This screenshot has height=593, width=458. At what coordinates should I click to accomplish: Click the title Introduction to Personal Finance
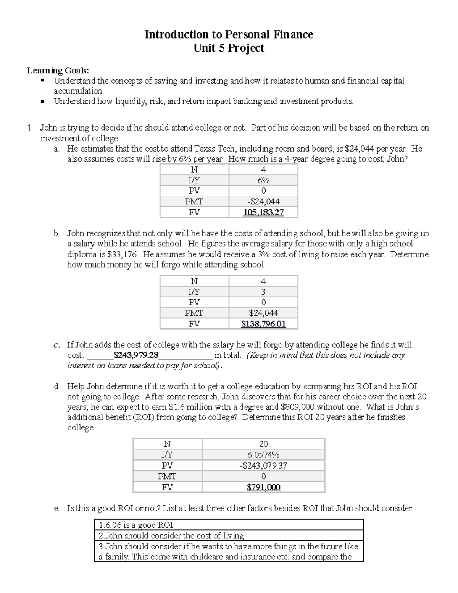click(x=229, y=35)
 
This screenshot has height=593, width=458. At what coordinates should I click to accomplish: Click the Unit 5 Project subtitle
click(x=229, y=48)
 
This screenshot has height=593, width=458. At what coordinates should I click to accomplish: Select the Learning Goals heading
click(x=58, y=70)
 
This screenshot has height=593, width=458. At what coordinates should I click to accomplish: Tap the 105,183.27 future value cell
click(x=263, y=212)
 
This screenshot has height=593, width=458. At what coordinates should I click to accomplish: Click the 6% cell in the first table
click(x=263, y=180)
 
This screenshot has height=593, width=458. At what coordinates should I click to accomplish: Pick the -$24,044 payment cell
click(x=263, y=202)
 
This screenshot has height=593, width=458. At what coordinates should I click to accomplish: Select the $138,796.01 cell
click(x=263, y=324)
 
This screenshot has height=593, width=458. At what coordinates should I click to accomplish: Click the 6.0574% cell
click(x=263, y=455)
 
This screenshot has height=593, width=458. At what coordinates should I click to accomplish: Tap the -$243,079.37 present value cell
click(x=263, y=465)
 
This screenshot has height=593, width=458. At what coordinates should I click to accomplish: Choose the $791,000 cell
click(x=263, y=487)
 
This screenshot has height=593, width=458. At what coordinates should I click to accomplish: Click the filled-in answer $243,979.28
click(x=136, y=355)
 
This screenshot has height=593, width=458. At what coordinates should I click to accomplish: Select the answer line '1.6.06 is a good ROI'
click(x=136, y=525)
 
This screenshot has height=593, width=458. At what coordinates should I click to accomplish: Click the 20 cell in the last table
click(x=263, y=444)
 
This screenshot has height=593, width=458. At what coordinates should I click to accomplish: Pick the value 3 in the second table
click(x=263, y=292)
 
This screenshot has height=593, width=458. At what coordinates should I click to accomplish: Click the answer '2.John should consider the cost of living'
click(x=171, y=536)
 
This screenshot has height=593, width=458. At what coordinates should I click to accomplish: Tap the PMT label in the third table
click(x=167, y=476)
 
